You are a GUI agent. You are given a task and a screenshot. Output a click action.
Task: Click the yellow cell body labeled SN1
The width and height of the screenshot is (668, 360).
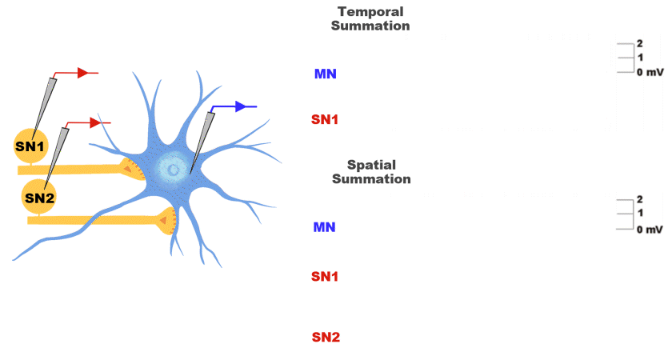pos(30,146)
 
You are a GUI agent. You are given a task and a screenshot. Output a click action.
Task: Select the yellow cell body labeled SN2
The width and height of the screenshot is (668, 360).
pos(38,197)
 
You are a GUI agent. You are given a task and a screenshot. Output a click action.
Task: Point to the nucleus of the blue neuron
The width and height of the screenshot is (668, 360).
pos(170,168)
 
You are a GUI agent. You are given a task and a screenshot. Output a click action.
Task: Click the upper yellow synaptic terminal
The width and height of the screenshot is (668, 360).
pos(132,169)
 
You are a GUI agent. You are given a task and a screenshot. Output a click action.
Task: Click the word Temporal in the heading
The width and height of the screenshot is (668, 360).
pos(370,12)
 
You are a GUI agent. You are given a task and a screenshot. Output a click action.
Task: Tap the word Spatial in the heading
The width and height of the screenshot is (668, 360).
pos(371,165)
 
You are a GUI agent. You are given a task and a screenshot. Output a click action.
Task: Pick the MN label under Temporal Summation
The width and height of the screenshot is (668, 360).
pos(325,74)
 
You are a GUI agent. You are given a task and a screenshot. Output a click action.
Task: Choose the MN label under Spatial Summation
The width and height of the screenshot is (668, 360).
pos(324,227)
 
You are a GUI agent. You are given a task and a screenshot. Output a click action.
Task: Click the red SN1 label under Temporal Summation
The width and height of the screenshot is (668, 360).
pos(325,120)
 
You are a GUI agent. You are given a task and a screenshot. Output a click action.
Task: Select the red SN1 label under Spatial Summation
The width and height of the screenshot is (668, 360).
pos(325,277)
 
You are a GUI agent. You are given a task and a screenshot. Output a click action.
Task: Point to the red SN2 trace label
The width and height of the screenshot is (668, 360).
pos(326,338)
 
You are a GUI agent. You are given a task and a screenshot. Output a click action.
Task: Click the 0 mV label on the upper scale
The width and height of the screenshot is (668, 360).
pos(650,73)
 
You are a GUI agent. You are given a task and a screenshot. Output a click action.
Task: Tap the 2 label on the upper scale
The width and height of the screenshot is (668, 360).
pos(640,43)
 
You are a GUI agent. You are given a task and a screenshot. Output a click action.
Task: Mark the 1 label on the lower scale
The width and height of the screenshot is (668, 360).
pos(640,213)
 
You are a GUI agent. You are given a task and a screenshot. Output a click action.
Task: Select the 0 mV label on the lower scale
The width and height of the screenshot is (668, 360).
pos(650,230)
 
